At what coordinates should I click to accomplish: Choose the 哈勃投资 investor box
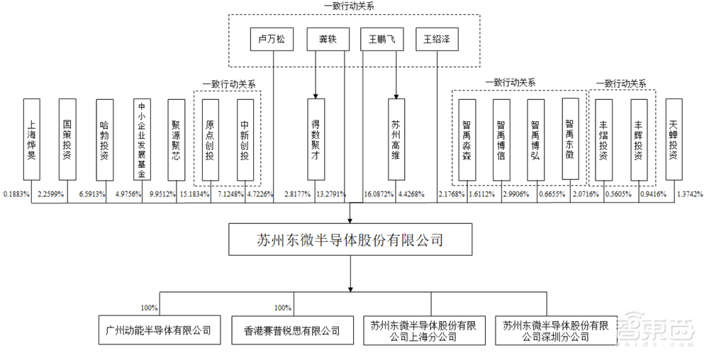[104, 139]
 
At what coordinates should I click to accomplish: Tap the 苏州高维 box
[396, 139]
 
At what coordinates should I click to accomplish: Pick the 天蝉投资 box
[675, 139]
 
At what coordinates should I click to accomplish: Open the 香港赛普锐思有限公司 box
[291, 330]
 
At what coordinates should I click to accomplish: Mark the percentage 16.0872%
[378, 193]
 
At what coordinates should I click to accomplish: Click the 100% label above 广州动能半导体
[150, 308]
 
